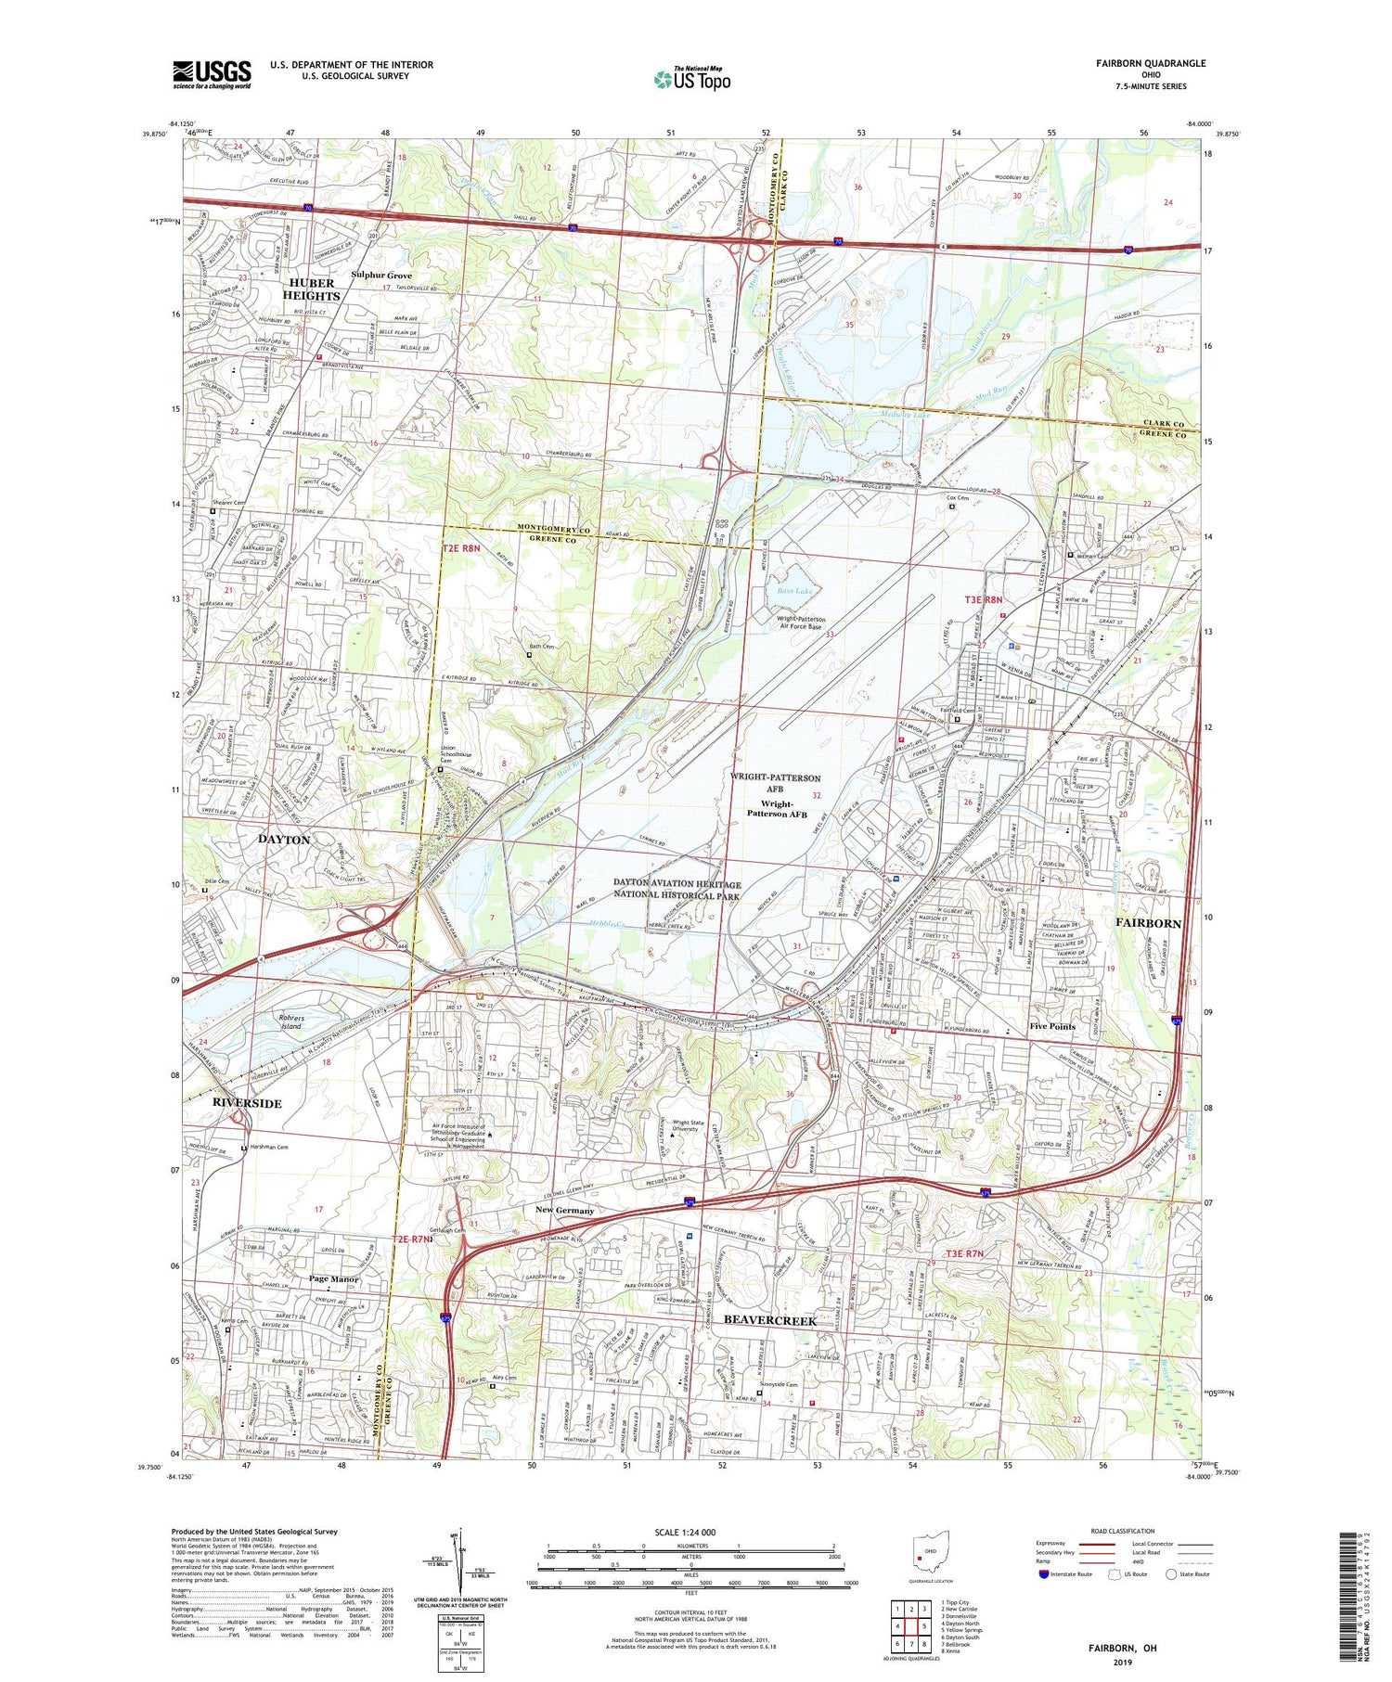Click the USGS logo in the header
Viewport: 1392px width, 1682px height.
coord(212,74)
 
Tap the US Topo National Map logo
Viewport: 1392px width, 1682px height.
coord(691,79)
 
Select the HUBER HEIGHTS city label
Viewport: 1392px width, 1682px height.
coord(314,289)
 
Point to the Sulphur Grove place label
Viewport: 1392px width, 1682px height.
coord(381,276)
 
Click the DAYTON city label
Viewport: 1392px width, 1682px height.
coord(284,839)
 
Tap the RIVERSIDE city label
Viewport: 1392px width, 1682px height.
coord(247,1103)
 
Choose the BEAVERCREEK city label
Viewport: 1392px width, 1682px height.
coord(769,1319)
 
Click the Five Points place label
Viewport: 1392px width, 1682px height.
coord(1052,1026)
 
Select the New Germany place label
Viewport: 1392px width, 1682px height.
coord(564,1210)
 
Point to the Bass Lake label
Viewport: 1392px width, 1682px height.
coord(791,590)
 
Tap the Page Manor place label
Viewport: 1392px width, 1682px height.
coord(334,1278)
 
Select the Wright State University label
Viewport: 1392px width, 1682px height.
coord(698,1125)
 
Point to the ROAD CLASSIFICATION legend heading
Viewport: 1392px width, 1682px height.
coord(1123,1531)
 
